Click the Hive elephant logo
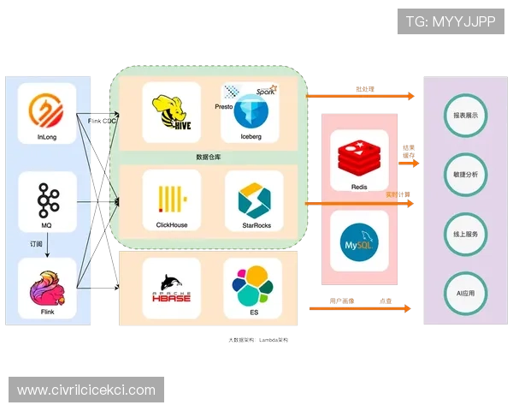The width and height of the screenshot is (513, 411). [x=172, y=110]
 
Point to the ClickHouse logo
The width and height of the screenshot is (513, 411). [x=172, y=198]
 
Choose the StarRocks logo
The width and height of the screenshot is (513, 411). [x=254, y=199]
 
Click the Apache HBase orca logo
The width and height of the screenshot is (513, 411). [x=172, y=284]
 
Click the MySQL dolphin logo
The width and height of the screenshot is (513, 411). [x=359, y=240]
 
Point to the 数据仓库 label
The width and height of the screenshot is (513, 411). [x=209, y=157]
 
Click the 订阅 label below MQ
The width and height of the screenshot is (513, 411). [x=30, y=244]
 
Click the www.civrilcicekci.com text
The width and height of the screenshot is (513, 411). [x=86, y=390]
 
